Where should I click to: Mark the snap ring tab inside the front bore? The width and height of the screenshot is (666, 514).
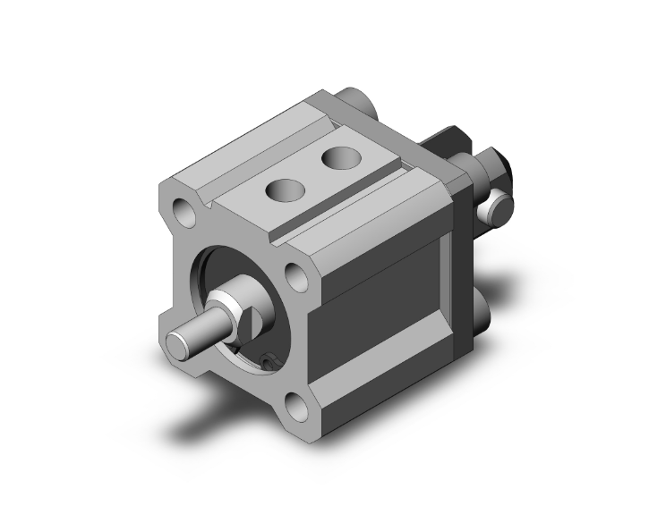[x=269, y=360]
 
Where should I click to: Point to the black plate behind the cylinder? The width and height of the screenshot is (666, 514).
[x=446, y=143]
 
